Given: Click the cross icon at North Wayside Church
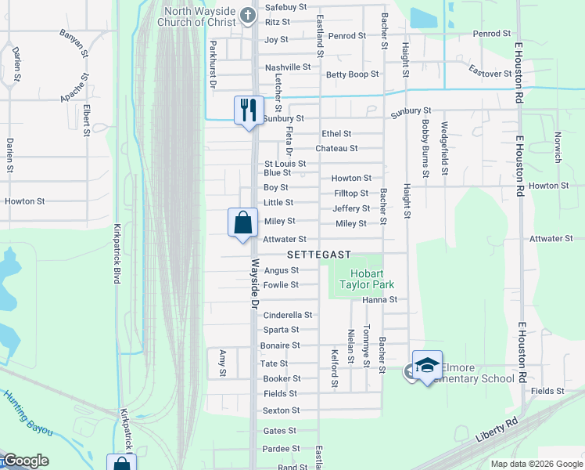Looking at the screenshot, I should pyautogui.click(x=248, y=14).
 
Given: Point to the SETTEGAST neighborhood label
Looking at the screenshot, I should pyautogui.click(x=318, y=255).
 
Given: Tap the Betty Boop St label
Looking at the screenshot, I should pyautogui.click(x=353, y=74).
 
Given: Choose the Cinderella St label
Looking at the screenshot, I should pyautogui.click(x=288, y=315).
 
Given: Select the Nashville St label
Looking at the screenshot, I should pyautogui.click(x=288, y=67).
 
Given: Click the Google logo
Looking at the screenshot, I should pyautogui.click(x=26, y=461).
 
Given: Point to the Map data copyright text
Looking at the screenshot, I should pyautogui.click(x=536, y=464).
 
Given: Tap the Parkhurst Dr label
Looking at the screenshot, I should pyautogui.click(x=212, y=65).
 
